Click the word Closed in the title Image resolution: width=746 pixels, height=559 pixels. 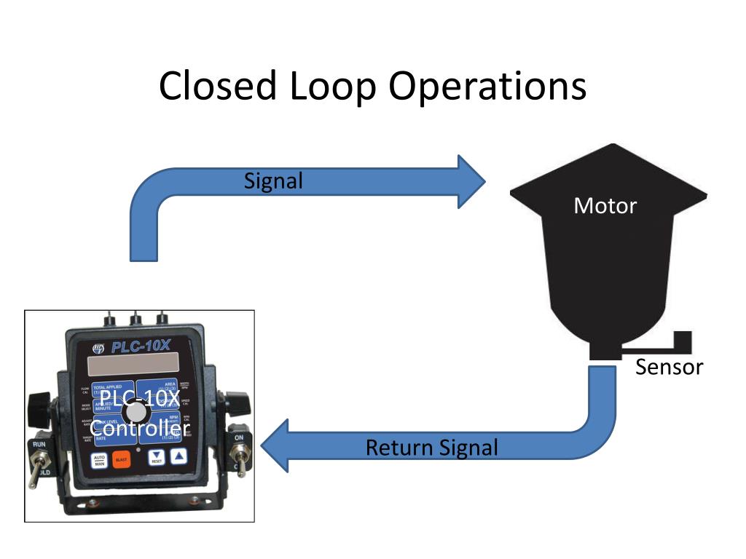[217, 86]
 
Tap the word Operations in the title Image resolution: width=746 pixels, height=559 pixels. [487, 86]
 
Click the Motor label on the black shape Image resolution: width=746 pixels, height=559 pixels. [605, 205]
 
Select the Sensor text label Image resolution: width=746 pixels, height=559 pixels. [669, 367]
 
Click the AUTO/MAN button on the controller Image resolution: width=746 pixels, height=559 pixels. [99, 459]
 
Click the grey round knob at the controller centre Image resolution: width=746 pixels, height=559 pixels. [136, 413]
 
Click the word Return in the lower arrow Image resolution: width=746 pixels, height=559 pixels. [398, 447]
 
